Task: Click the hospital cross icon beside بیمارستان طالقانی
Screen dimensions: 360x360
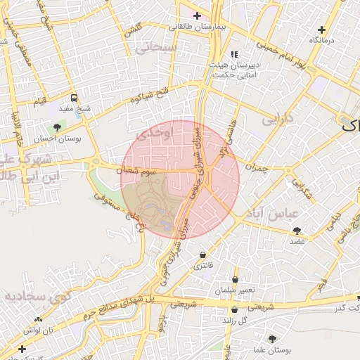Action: (197, 15)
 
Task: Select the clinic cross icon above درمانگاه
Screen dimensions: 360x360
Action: (321, 30)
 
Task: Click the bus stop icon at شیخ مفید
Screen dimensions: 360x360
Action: (74, 98)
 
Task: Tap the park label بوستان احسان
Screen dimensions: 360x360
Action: (58, 139)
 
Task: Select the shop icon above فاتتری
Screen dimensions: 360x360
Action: (203, 255)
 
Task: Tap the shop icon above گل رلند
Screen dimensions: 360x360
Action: (234, 309)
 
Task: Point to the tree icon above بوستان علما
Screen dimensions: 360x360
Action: (272, 339)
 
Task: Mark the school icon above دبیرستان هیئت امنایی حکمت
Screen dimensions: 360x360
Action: (235, 53)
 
